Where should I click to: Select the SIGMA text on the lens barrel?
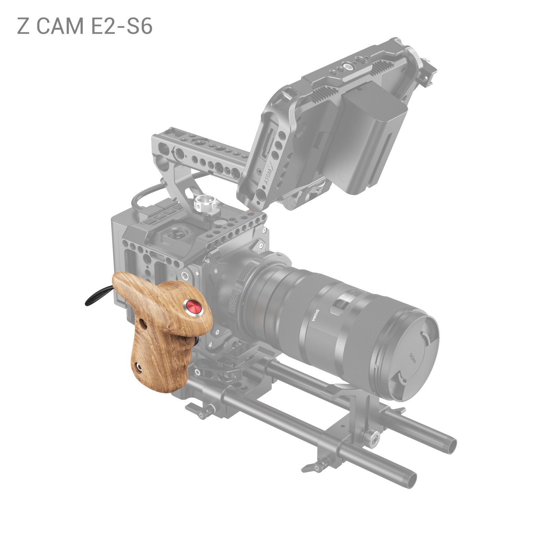coord(315,315)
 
